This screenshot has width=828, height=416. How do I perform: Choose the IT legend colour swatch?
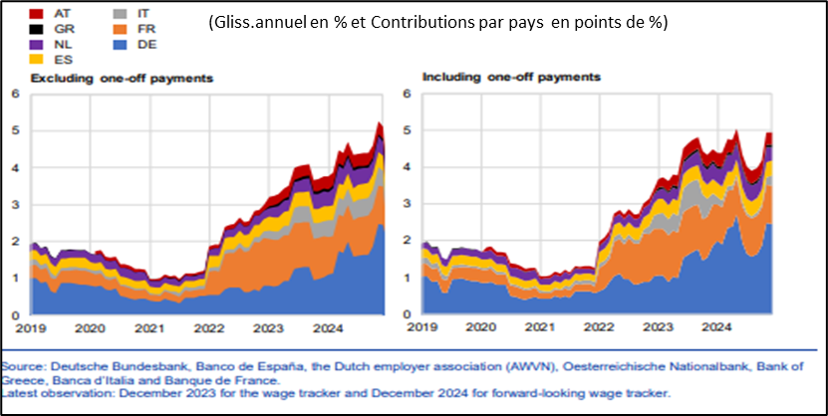click(x=120, y=14)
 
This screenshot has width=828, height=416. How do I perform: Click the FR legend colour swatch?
click(x=120, y=29)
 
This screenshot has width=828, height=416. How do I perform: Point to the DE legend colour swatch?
click(x=120, y=44)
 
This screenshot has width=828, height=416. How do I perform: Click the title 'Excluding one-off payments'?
click(x=121, y=78)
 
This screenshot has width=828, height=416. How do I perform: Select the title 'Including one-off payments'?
click(x=511, y=77)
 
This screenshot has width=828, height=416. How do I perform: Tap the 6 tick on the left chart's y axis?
click(x=15, y=95)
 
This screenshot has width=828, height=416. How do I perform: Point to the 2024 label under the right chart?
click(x=714, y=325)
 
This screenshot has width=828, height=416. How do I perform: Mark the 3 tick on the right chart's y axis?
click(x=407, y=205)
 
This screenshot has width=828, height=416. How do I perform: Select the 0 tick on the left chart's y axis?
click(x=15, y=315)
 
